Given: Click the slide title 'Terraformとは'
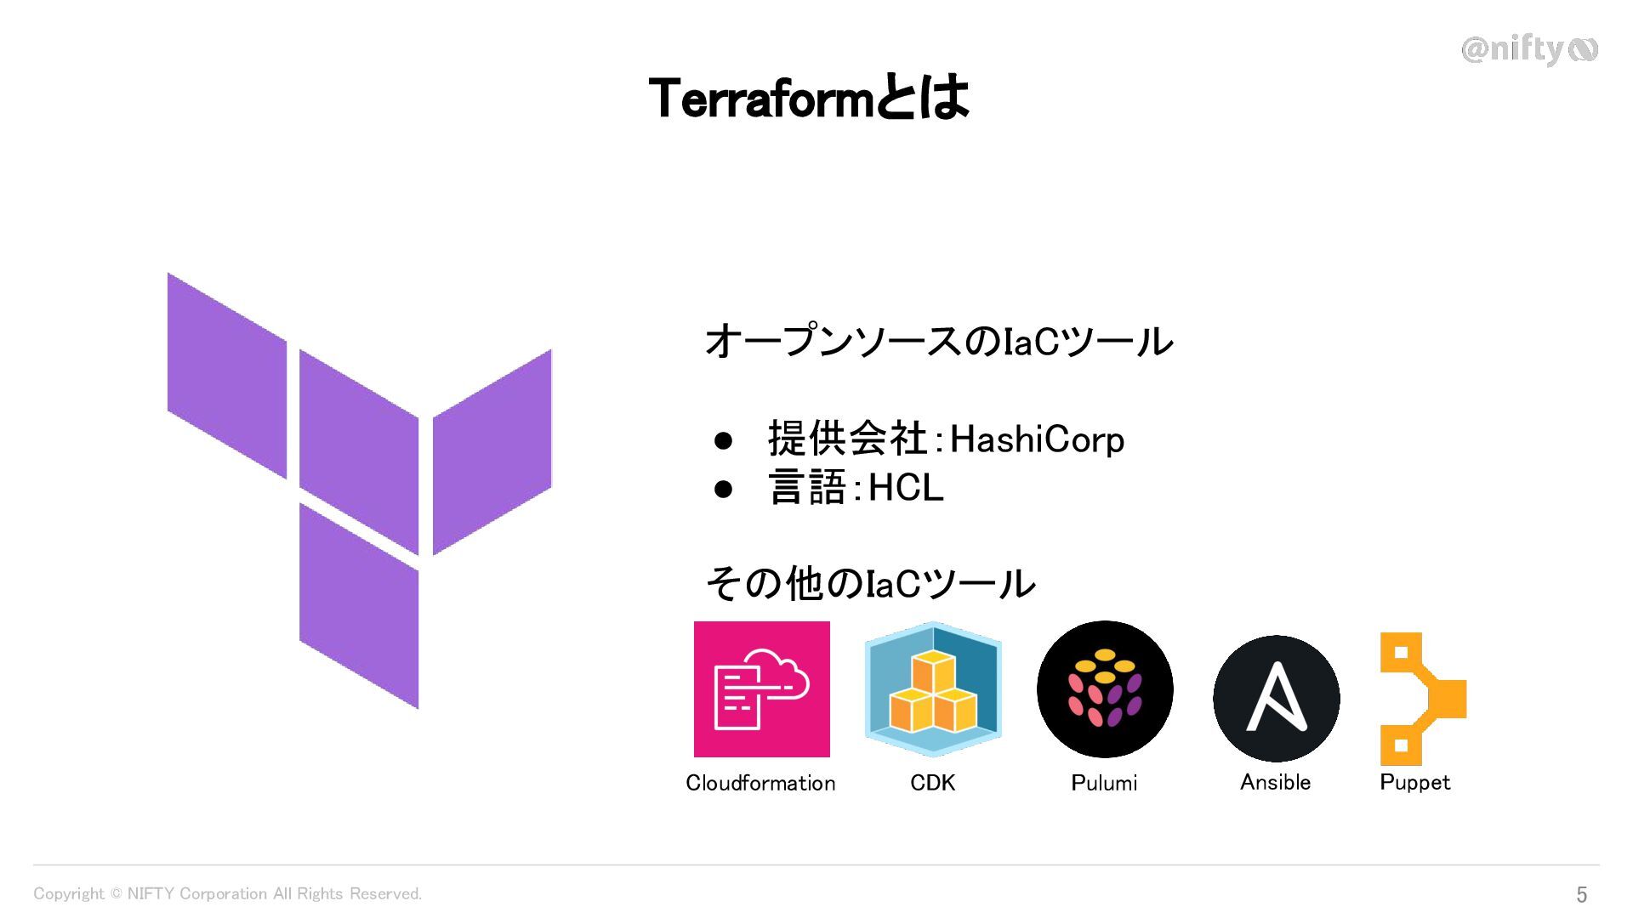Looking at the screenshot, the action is [x=808, y=98].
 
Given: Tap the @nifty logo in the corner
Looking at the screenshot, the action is [x=1528, y=50].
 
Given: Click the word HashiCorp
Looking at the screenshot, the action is [x=1037, y=439].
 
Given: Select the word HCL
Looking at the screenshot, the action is [x=906, y=488].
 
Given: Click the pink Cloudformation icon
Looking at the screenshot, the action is [x=761, y=689].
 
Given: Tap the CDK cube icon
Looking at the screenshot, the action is [x=933, y=689].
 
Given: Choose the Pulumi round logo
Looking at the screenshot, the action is [x=1105, y=689].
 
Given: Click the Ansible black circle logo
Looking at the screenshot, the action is [x=1276, y=698].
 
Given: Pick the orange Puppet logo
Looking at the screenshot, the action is [x=1421, y=699].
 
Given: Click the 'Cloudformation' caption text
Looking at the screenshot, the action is [x=760, y=783].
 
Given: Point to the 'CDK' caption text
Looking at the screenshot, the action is [x=932, y=783].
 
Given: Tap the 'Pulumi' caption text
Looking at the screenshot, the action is [x=1104, y=783].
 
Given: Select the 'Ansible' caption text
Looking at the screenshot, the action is [x=1275, y=782].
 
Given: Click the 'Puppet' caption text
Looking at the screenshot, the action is [x=1414, y=782].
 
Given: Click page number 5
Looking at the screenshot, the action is [x=1581, y=894].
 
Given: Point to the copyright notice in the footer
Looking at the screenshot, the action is [x=227, y=893].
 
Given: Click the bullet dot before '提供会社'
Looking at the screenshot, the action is [x=723, y=440].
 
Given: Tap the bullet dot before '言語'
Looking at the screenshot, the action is [x=723, y=489].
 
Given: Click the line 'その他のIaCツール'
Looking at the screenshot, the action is [x=870, y=584].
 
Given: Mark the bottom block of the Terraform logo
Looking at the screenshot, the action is [x=358, y=605].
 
